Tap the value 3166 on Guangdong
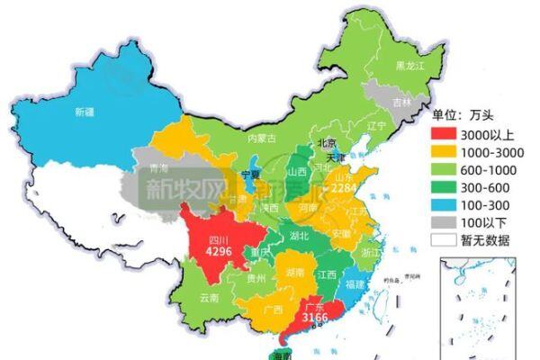316,318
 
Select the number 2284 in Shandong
346,189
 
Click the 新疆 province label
85,112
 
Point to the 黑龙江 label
409,66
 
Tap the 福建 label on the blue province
354,283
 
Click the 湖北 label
299,236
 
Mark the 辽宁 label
377,125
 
